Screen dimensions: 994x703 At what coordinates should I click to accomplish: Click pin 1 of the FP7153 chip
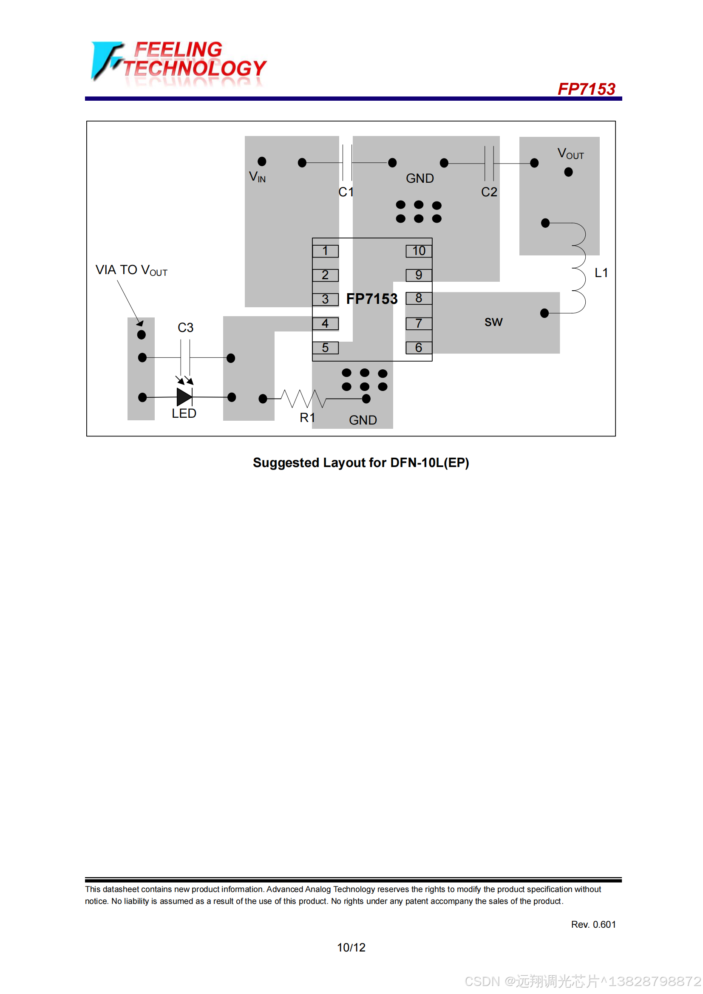325,251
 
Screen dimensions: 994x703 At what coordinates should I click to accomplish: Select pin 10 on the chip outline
419,251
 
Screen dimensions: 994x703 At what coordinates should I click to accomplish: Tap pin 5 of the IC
325,348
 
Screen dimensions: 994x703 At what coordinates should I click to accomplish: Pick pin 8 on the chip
419,298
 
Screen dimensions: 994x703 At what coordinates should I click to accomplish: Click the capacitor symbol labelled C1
347,163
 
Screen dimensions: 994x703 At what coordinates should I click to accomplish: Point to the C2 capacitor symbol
489,163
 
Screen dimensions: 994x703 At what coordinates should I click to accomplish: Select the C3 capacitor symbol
185,357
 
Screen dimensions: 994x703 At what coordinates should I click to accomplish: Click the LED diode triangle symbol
184,397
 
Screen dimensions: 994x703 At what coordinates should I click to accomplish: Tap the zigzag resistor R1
303,398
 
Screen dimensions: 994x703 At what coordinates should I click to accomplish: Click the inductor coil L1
579,269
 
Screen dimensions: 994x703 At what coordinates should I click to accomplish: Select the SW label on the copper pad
493,322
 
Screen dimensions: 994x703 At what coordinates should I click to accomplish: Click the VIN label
258,177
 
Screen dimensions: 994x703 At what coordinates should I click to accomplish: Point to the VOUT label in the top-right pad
570,154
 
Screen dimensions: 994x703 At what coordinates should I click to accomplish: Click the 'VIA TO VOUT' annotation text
132,270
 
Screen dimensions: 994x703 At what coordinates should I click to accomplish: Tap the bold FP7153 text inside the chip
372,299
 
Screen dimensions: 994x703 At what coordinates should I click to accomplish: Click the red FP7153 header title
586,89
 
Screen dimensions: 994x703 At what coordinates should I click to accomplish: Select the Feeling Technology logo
179,62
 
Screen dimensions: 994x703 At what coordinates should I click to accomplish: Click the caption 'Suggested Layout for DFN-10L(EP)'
361,463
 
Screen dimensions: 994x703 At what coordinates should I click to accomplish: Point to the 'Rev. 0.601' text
593,924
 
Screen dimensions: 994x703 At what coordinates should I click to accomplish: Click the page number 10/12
351,948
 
